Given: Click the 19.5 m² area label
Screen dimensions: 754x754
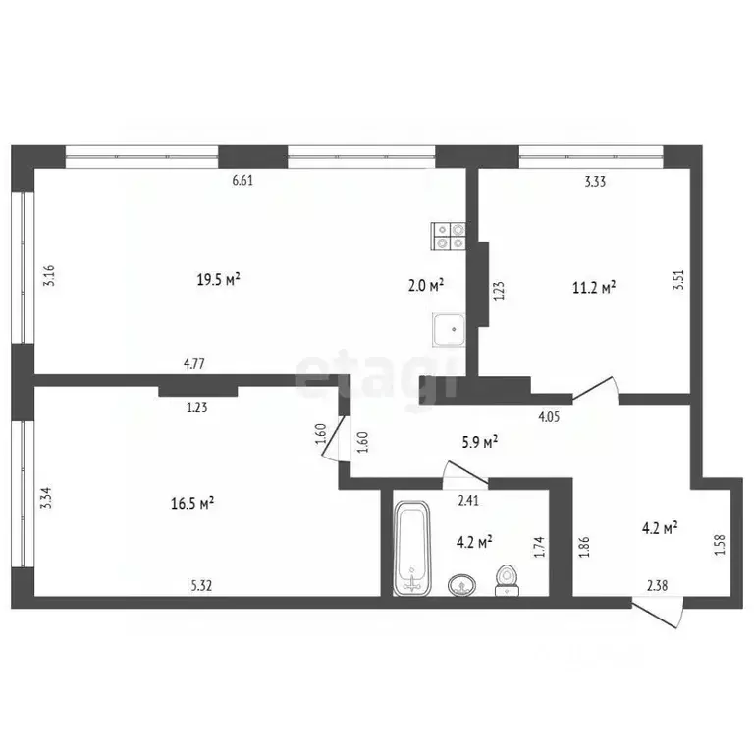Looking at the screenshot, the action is point(218,279).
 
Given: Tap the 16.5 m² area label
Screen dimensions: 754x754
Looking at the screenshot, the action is point(192,504).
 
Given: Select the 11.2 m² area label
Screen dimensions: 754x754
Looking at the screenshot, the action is point(594,287).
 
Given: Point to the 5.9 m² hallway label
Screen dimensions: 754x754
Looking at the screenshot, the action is point(479,442).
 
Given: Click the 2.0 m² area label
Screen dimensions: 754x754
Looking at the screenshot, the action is point(425,285).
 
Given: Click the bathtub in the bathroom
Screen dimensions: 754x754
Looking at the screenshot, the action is point(412,547).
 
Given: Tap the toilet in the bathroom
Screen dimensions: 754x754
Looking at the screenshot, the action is point(507,581).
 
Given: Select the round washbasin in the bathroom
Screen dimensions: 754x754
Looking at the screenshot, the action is point(462,586).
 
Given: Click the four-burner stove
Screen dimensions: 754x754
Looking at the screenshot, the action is point(449,236).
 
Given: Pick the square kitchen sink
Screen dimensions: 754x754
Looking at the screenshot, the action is point(449,330).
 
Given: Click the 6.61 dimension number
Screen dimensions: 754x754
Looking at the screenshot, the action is point(242,181).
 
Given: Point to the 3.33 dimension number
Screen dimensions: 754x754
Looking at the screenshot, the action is point(595,182).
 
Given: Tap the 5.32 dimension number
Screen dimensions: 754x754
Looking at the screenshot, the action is point(201,585).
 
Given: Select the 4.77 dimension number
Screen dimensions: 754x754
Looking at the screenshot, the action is point(193,364).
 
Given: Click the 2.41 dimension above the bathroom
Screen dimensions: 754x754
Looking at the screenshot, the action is point(468,501).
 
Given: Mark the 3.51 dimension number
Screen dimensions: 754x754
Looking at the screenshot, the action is point(679,280).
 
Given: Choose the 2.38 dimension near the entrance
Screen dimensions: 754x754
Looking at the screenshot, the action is point(658,585).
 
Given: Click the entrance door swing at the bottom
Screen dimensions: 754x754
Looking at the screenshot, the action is point(657,613).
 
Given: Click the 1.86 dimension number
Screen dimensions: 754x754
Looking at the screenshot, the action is point(585,547).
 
